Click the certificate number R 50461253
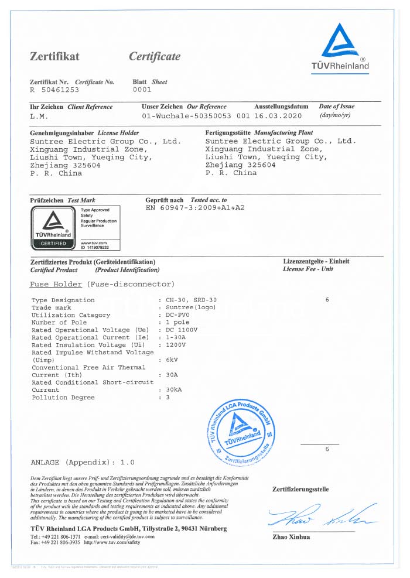[54, 90]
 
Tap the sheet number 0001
[142, 90]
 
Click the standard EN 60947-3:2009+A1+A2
[195, 208]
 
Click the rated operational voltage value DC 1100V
[182, 330]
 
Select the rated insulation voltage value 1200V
[177, 345]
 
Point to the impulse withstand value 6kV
[172, 360]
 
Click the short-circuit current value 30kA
[175, 390]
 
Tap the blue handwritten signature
[319, 515]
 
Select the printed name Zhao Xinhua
[291, 537]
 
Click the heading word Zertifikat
[54, 57]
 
